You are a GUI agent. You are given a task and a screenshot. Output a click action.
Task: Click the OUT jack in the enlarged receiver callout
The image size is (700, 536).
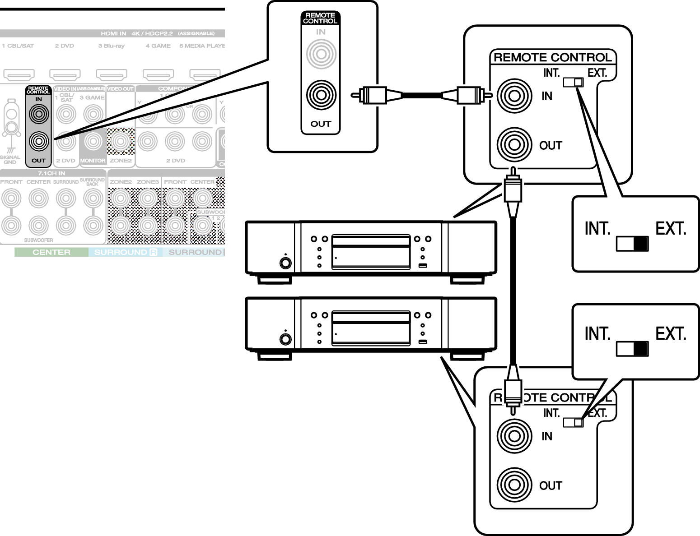[321, 95]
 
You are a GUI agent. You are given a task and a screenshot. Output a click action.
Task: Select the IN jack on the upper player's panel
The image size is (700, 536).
[513, 95]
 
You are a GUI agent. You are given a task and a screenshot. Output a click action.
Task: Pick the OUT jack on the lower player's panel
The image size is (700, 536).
[513, 485]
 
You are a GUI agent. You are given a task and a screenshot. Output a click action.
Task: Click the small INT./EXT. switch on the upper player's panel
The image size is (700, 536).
[573, 82]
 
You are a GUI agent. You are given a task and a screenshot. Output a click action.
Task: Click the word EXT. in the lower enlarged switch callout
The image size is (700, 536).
[671, 334]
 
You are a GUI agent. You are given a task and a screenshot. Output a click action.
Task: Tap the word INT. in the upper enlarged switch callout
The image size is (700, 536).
[597, 229]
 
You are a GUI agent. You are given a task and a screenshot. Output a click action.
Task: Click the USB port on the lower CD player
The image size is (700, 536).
[422, 342]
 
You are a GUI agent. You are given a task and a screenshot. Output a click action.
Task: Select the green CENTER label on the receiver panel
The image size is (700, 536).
[51, 252]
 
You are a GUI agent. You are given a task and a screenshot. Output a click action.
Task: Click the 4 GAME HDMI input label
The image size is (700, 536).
[158, 46]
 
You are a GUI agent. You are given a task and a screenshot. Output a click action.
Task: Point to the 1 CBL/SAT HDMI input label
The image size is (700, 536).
[18, 46]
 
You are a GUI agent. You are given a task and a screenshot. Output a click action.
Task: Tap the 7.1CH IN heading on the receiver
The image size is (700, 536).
[51, 173]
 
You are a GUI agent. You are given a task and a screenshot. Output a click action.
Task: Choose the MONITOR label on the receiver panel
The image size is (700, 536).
[93, 161]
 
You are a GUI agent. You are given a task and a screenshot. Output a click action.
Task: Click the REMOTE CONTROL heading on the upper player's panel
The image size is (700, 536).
[553, 58]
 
